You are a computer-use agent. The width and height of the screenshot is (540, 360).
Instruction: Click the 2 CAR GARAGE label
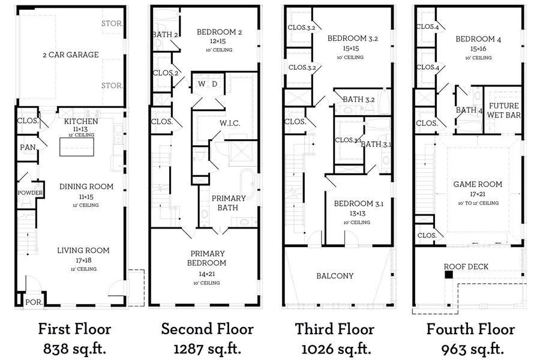(x=71, y=55)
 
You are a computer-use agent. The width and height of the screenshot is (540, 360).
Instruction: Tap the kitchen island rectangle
(x=77, y=147)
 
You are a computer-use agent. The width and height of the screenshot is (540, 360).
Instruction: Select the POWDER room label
(x=31, y=193)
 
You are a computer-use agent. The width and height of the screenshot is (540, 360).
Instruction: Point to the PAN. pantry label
(x=28, y=148)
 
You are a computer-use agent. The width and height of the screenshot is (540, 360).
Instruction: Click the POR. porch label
(x=34, y=302)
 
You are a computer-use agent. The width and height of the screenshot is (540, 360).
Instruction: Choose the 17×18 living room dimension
(x=83, y=260)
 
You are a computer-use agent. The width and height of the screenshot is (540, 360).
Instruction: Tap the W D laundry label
(x=208, y=84)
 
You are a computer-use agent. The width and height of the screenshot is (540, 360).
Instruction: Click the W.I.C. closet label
(x=230, y=124)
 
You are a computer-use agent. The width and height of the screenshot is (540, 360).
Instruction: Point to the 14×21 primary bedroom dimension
(x=206, y=274)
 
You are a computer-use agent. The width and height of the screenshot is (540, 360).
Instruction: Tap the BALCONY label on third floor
(x=335, y=276)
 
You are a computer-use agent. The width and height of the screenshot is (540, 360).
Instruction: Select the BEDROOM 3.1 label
(x=359, y=203)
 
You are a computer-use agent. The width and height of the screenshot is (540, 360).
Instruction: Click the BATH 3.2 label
(x=359, y=100)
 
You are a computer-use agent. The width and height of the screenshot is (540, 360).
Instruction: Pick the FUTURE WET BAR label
(x=504, y=110)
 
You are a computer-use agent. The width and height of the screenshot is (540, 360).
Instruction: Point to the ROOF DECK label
(x=466, y=266)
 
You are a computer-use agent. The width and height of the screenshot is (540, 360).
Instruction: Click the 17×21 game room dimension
(x=478, y=194)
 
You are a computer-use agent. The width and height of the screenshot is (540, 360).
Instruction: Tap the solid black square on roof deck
(x=449, y=275)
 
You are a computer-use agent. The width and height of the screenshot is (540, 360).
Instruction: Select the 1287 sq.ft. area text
(x=208, y=349)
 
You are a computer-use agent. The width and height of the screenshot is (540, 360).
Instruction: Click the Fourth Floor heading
(x=470, y=329)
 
